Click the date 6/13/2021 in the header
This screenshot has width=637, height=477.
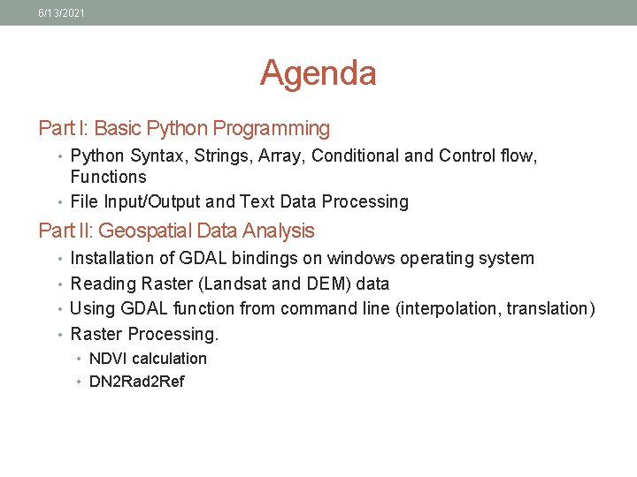point(61,12)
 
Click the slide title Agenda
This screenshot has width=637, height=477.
point(318,72)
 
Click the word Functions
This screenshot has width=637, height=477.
point(108,178)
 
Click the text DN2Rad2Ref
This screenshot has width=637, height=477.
point(137,382)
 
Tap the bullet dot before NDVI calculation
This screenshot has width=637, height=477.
point(79,360)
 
